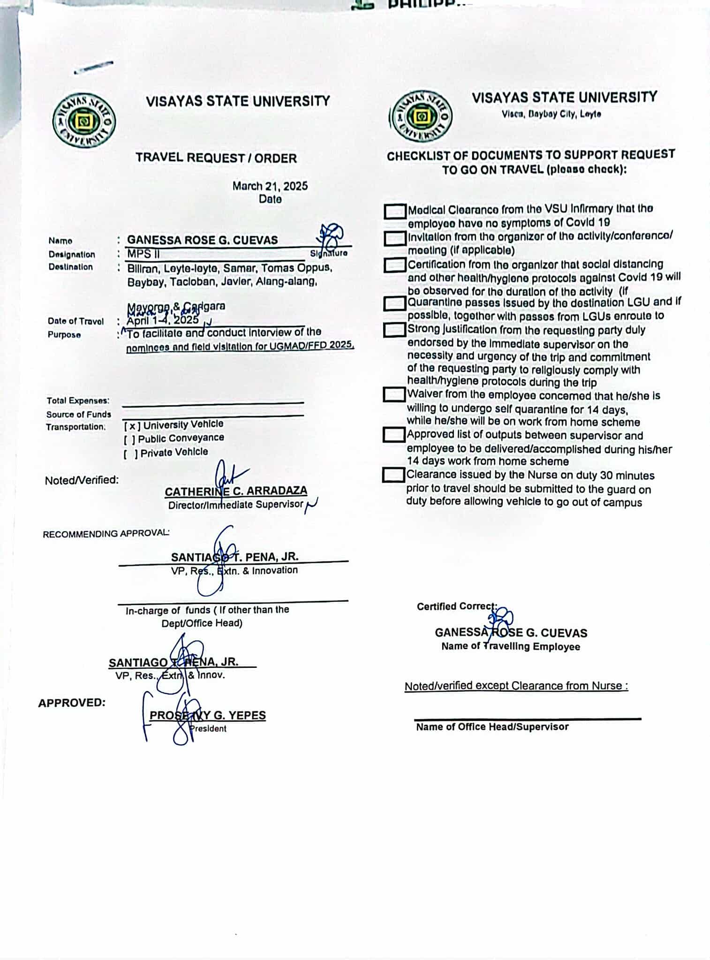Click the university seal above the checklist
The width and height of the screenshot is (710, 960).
pyautogui.click(x=422, y=116)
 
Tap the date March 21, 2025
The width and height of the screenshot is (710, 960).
pyautogui.click(x=270, y=186)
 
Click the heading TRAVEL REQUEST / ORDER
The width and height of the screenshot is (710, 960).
pyautogui.click(x=216, y=158)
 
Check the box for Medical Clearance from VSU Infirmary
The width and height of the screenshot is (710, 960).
pyautogui.click(x=394, y=211)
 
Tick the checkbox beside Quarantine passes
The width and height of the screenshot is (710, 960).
pyautogui.click(x=394, y=303)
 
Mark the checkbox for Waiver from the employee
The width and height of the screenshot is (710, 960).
pyautogui.click(x=394, y=394)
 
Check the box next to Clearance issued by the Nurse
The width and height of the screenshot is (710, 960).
pyautogui.click(x=393, y=475)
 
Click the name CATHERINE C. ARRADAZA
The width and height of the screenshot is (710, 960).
pyautogui.click(x=236, y=491)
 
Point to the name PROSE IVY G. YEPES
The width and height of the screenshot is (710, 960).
pyautogui.click(x=208, y=715)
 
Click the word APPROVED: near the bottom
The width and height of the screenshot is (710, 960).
pyautogui.click(x=72, y=703)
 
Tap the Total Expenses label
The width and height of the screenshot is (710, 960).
pyautogui.click(x=78, y=401)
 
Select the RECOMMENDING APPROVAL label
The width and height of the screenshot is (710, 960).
pyautogui.click(x=106, y=534)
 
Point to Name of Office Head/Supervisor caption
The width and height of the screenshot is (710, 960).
pyautogui.click(x=492, y=727)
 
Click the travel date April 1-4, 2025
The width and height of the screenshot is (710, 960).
pyautogui.click(x=163, y=321)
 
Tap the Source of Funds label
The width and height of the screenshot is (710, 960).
pyautogui.click(x=78, y=414)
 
